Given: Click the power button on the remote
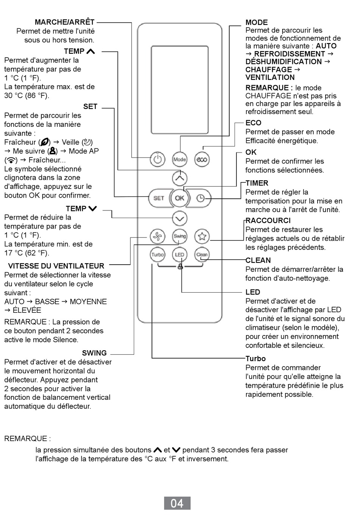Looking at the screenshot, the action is pos(158,159).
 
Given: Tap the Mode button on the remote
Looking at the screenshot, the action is pos(180,159).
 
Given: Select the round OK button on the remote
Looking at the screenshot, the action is pos(180,198).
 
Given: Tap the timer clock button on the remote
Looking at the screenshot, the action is pos(200,198).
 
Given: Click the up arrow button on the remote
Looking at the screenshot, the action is pos(180,178).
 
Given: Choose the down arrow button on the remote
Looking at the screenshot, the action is pos(180,219).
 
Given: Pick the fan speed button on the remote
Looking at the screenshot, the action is pos(158,236).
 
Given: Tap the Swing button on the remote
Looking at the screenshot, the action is pos(180,236).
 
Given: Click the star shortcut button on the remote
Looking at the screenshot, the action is pos(202,236).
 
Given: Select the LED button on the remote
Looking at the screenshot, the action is pos(180,254).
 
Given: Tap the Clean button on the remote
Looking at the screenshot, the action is pos(202,254).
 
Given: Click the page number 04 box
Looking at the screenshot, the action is pos(177,503).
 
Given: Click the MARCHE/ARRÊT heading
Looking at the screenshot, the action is pos(65,22).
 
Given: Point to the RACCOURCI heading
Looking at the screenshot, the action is pos(268,220).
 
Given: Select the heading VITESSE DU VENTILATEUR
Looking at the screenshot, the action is pos(56,266).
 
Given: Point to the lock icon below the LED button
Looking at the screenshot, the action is pos(180,267).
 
